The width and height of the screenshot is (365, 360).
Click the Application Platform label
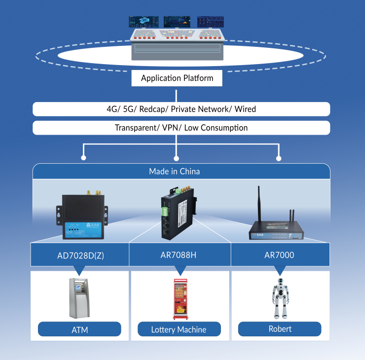click(177, 78)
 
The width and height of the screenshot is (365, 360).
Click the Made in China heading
click(174, 172)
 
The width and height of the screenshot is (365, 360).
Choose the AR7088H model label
click(179, 255)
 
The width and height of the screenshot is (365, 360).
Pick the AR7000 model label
click(279, 255)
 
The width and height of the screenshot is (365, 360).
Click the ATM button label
click(79, 329)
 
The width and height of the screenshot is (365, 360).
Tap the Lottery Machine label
click(179, 329)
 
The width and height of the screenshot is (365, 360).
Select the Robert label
click(280, 328)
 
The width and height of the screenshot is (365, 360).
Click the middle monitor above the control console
click(176, 21)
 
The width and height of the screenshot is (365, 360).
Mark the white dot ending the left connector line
click(83, 158)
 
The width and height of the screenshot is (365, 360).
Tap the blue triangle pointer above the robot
click(280, 270)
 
